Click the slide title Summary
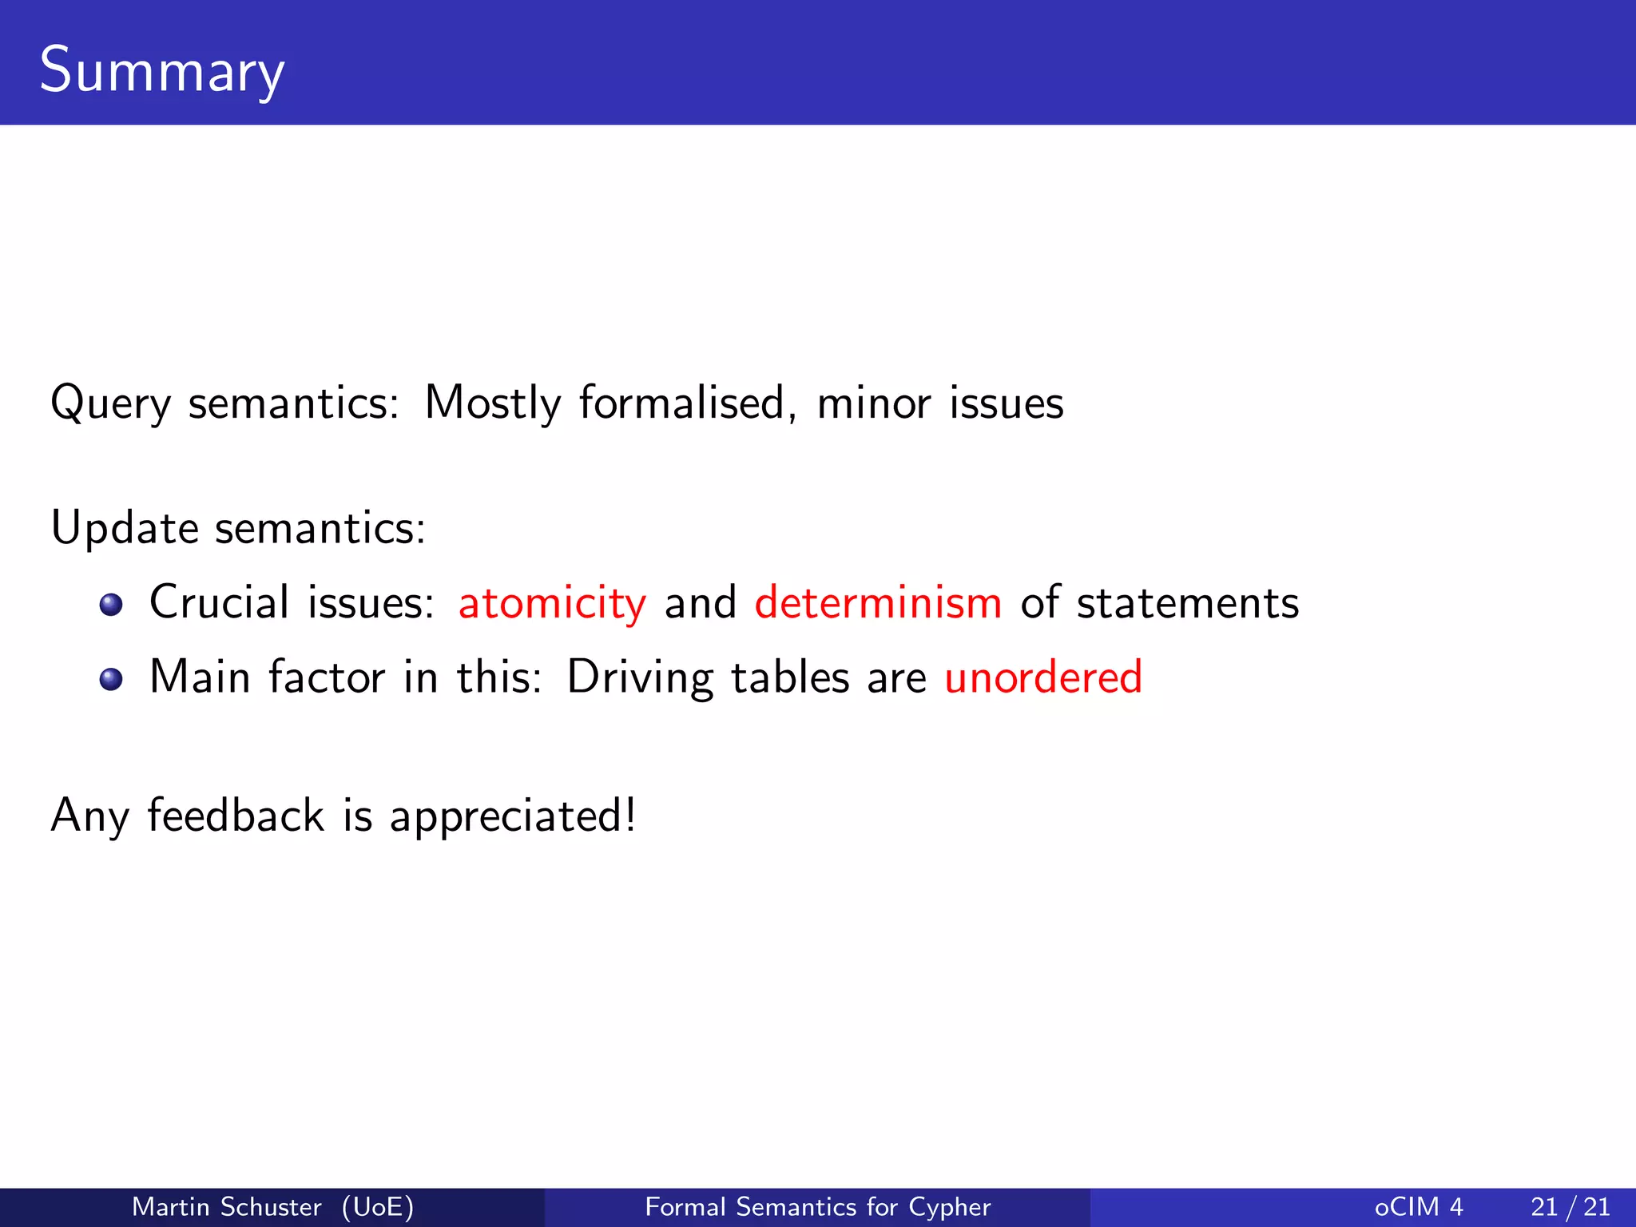pyautogui.click(x=162, y=70)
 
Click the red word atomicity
pyautogui.click(x=552, y=602)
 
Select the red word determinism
pyautogui.click(x=878, y=602)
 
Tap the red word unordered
pyautogui.click(x=1043, y=677)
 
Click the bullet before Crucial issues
pyautogui.click(x=111, y=605)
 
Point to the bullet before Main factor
pyautogui.click(x=111, y=680)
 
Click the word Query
pyautogui.click(x=110, y=403)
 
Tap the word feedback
pyautogui.click(x=236, y=816)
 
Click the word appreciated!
pyautogui.click(x=513, y=816)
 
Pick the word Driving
pyautogui.click(x=640, y=677)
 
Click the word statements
pyautogui.click(x=1187, y=602)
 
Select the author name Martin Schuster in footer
pyautogui.click(x=226, y=1206)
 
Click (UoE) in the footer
pyautogui.click(x=378, y=1206)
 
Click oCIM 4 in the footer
pyautogui.click(x=1419, y=1206)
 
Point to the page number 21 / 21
pyautogui.click(x=1570, y=1206)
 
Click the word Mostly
pyautogui.click(x=493, y=403)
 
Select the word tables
pyautogui.click(x=790, y=677)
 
